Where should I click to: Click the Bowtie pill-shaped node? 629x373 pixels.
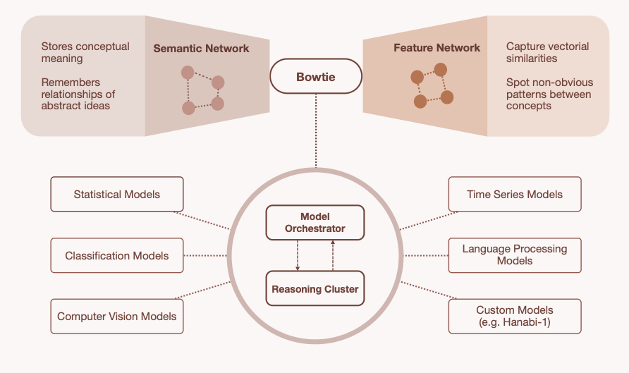pos(316,76)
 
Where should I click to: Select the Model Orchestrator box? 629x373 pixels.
pos(314,222)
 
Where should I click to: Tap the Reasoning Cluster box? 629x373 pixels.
pos(314,288)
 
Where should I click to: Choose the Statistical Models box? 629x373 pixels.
pos(117,194)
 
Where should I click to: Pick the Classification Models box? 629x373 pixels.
pos(117,255)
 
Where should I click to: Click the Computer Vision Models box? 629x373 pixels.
pos(117,317)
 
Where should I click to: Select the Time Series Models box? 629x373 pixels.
pos(515,194)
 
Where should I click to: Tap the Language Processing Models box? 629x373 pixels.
pos(515,255)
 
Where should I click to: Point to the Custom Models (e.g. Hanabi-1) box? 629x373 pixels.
pos(515,317)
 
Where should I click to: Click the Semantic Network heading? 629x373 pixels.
pos(201,49)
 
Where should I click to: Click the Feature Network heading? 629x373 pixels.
pos(437,48)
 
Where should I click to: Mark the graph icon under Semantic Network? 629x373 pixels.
pos(202,90)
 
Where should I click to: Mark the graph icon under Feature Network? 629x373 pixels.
pos(429,85)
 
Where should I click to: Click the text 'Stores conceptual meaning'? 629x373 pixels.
pos(85,53)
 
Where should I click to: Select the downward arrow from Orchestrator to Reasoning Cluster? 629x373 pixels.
pos(298,255)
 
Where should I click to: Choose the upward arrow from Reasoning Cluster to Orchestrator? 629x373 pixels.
pos(332,255)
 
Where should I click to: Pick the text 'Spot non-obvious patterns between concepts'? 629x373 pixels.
pos(549,94)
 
